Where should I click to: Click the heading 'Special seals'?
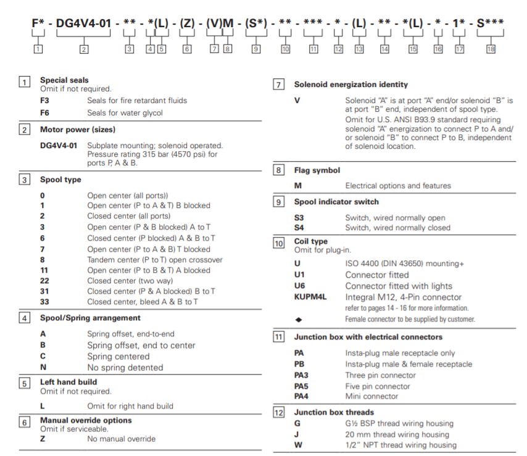pyautogui.click(x=64, y=80)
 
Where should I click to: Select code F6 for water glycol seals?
pyautogui.click(x=44, y=113)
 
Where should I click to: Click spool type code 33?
pyautogui.click(x=44, y=301)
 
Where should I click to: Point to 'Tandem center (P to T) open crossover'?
pyautogui.click(x=155, y=260)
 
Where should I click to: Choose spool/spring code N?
pyautogui.click(x=43, y=367)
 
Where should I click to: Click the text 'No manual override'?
pyautogui.click(x=121, y=439)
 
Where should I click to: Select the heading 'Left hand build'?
pyautogui.click(x=68, y=383)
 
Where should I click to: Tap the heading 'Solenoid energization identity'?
pyautogui.click(x=351, y=85)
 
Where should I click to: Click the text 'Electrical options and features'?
pyautogui.click(x=398, y=186)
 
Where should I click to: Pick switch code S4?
pyautogui.click(x=299, y=228)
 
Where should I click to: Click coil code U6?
pyautogui.click(x=299, y=286)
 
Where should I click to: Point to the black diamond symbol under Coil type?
pyautogui.click(x=299, y=319)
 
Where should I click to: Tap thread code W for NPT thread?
pyautogui.click(x=297, y=445)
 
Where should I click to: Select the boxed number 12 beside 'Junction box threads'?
pyautogui.click(x=279, y=412)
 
